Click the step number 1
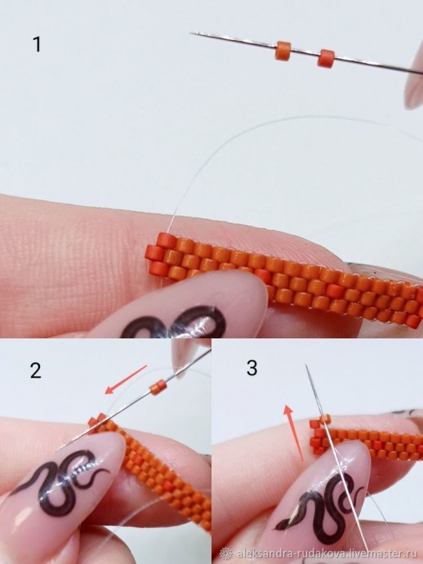coord(37,44)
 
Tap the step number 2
coord(36,370)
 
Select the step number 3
coord(252,368)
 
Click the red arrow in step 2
coord(126,379)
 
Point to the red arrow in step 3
coord(294,432)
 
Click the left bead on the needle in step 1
coord(283,51)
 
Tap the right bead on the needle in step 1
coord(326,58)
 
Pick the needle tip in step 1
coord(190,33)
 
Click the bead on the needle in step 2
coord(157,388)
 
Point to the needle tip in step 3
coord(306,365)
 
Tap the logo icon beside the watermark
coord(226,553)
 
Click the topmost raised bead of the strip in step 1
coord(166,239)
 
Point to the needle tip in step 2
coord(57,450)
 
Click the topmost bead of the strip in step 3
coord(325,419)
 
